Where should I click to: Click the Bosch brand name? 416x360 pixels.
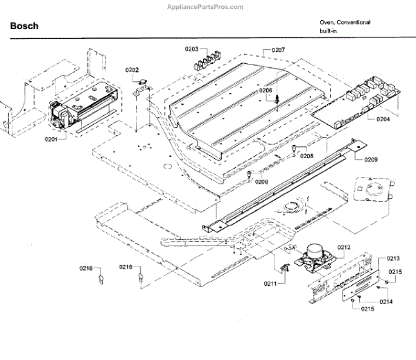pos(24,26)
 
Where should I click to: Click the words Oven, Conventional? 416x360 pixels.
pos(345,22)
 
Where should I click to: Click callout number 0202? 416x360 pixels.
pos(132,70)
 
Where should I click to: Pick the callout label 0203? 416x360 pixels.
pos(191,49)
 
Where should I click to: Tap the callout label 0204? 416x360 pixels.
pos(383,119)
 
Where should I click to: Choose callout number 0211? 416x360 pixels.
pos(270,283)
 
